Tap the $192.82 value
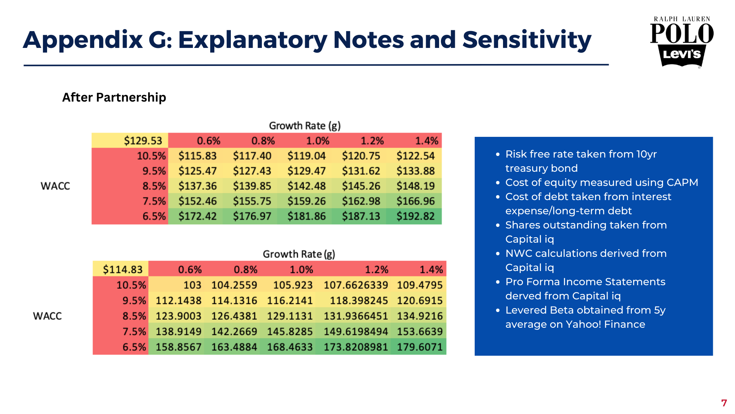pos(415,216)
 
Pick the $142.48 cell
pos(306,186)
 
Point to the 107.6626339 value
pos(356,285)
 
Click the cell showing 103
pos(192,285)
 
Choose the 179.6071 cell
pos(420,347)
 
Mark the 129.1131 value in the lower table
pos(290,316)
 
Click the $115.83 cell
pos(198,156)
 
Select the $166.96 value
pos(415,201)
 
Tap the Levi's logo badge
pos(682,55)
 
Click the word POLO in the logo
pos(682,34)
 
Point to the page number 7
pos(724,403)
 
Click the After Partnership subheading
pos(114,97)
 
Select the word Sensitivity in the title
pos(527,40)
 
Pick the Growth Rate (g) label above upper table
pos(305,126)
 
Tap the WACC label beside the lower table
pos(47,316)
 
